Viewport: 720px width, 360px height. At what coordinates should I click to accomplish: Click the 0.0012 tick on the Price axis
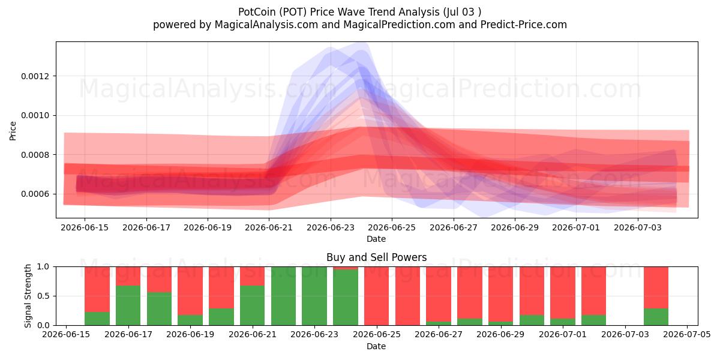point(35,76)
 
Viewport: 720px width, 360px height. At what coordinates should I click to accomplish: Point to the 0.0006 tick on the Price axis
point(35,194)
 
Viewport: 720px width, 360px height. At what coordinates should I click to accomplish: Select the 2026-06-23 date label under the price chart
point(331,227)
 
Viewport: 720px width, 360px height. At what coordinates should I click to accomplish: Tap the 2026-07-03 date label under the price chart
point(638,227)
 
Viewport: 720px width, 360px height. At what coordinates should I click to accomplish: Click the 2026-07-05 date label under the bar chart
point(687,335)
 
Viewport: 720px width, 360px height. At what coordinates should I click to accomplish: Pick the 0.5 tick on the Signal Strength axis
point(43,296)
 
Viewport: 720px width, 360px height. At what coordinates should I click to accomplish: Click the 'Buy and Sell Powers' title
point(376,257)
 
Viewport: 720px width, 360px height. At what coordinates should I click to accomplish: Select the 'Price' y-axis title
point(13,131)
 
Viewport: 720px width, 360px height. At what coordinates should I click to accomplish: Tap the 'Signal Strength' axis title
point(28,296)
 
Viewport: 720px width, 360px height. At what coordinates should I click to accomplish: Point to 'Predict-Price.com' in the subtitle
point(524,25)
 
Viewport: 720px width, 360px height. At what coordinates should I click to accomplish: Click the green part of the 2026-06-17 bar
point(128,305)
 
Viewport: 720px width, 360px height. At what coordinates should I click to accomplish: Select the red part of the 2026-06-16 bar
point(97,289)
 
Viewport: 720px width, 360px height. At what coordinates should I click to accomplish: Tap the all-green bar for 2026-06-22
point(283,296)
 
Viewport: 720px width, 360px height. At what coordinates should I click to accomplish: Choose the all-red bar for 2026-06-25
point(376,296)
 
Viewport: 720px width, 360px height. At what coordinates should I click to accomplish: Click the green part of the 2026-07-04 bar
point(656,317)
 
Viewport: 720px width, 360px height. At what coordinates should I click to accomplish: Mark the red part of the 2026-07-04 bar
point(656,287)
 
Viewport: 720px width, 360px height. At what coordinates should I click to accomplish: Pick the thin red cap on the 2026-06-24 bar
point(346,268)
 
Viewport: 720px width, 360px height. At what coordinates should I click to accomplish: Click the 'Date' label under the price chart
point(376,239)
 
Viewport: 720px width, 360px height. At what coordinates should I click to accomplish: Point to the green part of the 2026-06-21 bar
point(253,305)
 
